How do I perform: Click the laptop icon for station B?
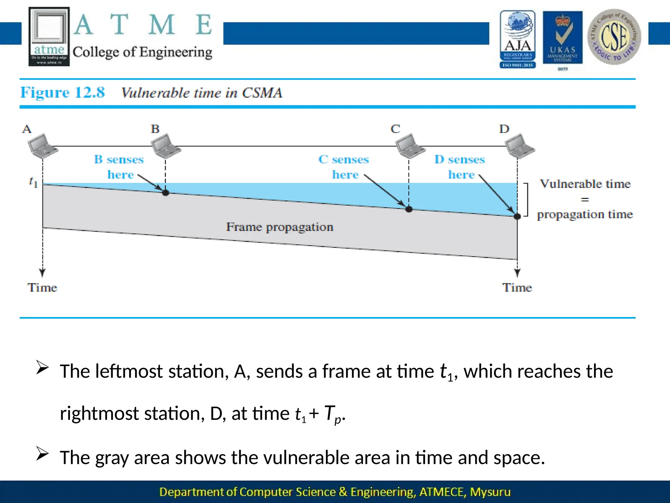pyautogui.click(x=166, y=146)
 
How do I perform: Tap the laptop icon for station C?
pyautogui.click(x=410, y=146)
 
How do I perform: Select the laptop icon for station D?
pyautogui.click(x=519, y=146)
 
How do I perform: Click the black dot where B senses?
pyautogui.click(x=166, y=193)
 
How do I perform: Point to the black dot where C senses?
pyautogui.click(x=409, y=209)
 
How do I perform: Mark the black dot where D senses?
pyautogui.click(x=517, y=216)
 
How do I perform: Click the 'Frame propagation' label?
pyautogui.click(x=280, y=227)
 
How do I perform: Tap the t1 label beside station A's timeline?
pyautogui.click(x=33, y=182)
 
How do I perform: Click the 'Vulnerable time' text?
pyautogui.click(x=585, y=184)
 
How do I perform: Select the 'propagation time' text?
pyautogui.click(x=585, y=214)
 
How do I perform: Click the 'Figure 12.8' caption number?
pyautogui.click(x=62, y=93)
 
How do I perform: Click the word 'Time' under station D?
pyautogui.click(x=517, y=288)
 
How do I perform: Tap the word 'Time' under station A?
pyautogui.click(x=42, y=288)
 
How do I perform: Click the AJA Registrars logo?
pyautogui.click(x=518, y=39)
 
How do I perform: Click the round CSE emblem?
pyautogui.click(x=614, y=37)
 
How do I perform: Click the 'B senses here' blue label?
pyautogui.click(x=119, y=167)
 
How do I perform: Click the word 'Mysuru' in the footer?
pyautogui.click(x=490, y=492)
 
